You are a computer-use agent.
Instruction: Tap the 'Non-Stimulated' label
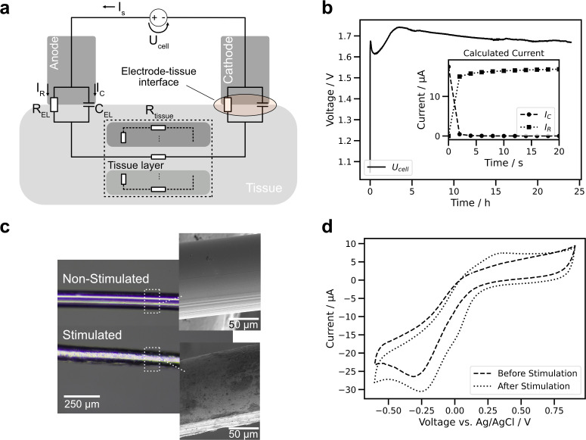107,278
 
